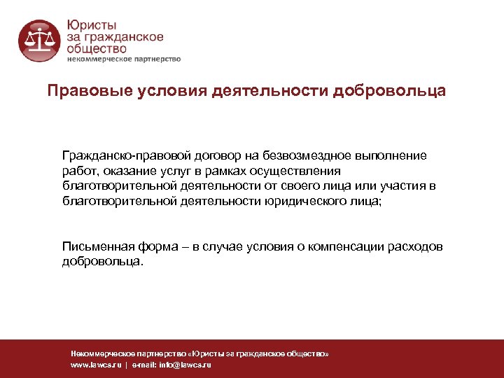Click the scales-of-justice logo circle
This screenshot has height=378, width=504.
pyautogui.click(x=39, y=40)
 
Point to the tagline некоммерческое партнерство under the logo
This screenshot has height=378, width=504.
pyautogui.click(x=123, y=59)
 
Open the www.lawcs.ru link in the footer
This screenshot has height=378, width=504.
pyautogui.click(x=96, y=365)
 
